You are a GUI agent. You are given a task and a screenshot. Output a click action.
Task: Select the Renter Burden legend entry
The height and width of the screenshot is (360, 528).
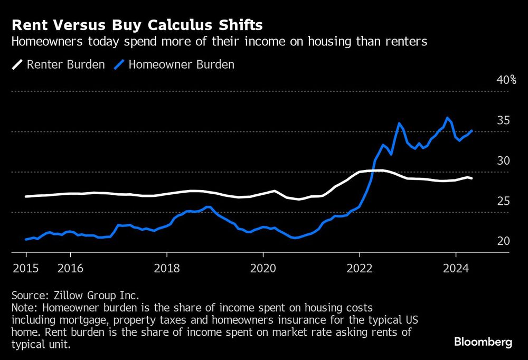(59, 65)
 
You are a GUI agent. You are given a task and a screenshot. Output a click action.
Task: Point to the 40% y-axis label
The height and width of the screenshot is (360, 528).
(506, 80)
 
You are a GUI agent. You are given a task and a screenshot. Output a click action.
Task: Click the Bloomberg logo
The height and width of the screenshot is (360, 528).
(483, 342)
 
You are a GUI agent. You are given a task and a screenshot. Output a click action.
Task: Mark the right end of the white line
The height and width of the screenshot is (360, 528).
(472, 178)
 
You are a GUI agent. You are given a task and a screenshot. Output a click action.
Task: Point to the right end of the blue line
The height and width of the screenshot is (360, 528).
(471, 131)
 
